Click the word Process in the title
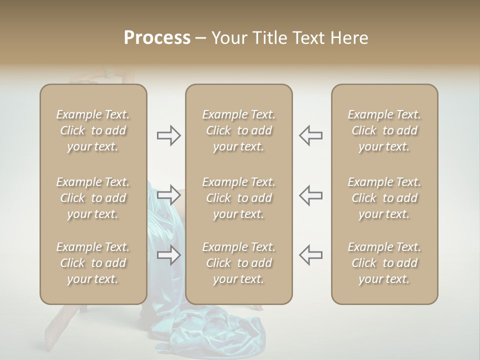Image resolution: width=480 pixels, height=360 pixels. [x=157, y=38]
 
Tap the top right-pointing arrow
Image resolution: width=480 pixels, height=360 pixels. [x=169, y=135]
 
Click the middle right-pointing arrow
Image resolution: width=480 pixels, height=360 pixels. [x=169, y=194]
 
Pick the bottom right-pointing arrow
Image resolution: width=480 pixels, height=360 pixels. [x=169, y=255]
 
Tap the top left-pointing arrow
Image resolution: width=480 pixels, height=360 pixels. [x=310, y=135]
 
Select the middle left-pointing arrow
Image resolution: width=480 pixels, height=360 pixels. [x=310, y=194]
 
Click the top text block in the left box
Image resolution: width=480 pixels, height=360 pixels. [x=93, y=130]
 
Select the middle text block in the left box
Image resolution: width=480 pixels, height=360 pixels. [x=93, y=198]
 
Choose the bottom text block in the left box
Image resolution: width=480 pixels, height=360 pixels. [x=93, y=263]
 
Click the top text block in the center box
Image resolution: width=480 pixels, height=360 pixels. [x=239, y=130]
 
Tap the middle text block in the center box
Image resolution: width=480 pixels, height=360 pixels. [x=239, y=198]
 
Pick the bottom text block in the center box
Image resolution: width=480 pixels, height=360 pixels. [x=239, y=263]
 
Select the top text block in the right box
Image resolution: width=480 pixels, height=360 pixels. [x=384, y=130]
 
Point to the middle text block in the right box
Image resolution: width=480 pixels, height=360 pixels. [x=384, y=198]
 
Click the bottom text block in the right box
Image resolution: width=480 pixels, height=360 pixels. [x=384, y=263]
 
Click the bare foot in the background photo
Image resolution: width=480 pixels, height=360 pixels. [x=52, y=340]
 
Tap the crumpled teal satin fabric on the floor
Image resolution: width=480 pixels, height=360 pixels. [x=210, y=330]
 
